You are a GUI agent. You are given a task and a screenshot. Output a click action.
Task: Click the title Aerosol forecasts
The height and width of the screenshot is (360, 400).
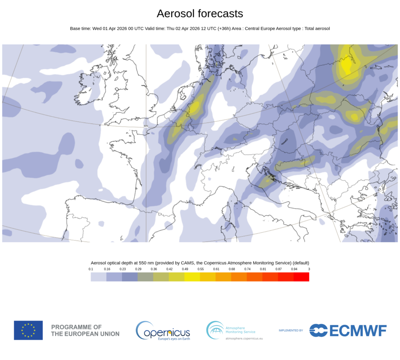coord(200,14)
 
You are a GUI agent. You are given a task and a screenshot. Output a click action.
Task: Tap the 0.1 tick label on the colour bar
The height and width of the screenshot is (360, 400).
coord(91,269)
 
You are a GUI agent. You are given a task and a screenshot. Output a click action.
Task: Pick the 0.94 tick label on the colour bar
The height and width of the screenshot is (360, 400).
coord(294,269)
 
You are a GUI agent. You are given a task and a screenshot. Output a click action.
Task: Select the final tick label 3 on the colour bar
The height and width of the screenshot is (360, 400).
coord(309,269)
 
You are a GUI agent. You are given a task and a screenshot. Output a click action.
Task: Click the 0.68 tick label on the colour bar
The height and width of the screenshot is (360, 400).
coord(231,269)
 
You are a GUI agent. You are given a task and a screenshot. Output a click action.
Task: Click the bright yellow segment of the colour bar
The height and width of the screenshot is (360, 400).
coord(192,277)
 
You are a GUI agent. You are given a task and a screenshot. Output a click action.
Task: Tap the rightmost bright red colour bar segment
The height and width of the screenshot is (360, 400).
coord(301,277)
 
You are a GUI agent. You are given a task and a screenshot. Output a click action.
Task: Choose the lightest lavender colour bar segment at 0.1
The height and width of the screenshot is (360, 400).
coord(98,277)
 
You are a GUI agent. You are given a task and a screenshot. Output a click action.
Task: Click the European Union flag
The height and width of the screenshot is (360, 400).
coord(28,330)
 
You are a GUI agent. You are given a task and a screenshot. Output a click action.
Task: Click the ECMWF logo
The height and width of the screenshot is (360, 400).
coord(348,330)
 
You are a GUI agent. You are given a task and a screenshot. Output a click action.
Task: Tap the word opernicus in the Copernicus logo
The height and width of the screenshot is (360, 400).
coord(168,333)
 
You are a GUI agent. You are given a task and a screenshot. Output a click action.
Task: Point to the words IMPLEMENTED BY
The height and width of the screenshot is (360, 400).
coord(291,330)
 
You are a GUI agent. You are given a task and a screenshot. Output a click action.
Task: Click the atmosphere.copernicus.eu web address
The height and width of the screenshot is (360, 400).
coord(244,338)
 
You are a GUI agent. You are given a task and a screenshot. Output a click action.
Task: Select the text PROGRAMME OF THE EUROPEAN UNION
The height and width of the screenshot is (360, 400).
coord(85,330)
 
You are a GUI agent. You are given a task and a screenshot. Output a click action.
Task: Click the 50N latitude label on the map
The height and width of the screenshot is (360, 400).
coord(146,126)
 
